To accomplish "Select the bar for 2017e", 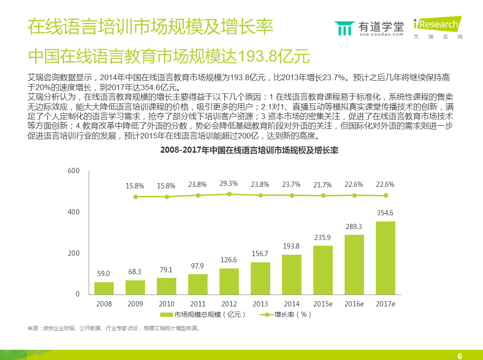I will tap(385, 258).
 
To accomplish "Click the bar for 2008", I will tap(104, 288).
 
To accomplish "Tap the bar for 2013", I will tap(260, 278).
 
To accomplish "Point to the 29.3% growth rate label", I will tap(229, 183).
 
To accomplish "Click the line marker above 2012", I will tap(229, 194).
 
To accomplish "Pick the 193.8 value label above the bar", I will tap(291, 246).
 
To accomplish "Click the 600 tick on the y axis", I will tap(74, 170).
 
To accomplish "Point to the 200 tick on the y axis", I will tap(74, 253).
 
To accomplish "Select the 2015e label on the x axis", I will tap(323, 304).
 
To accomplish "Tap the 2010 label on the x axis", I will tap(166, 304).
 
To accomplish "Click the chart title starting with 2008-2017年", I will tap(248, 150).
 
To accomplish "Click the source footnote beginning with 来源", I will tap(114, 328).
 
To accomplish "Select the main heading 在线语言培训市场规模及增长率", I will tap(150, 27).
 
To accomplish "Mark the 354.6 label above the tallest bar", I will tap(385, 213).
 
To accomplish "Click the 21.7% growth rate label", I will tap(323, 184).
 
